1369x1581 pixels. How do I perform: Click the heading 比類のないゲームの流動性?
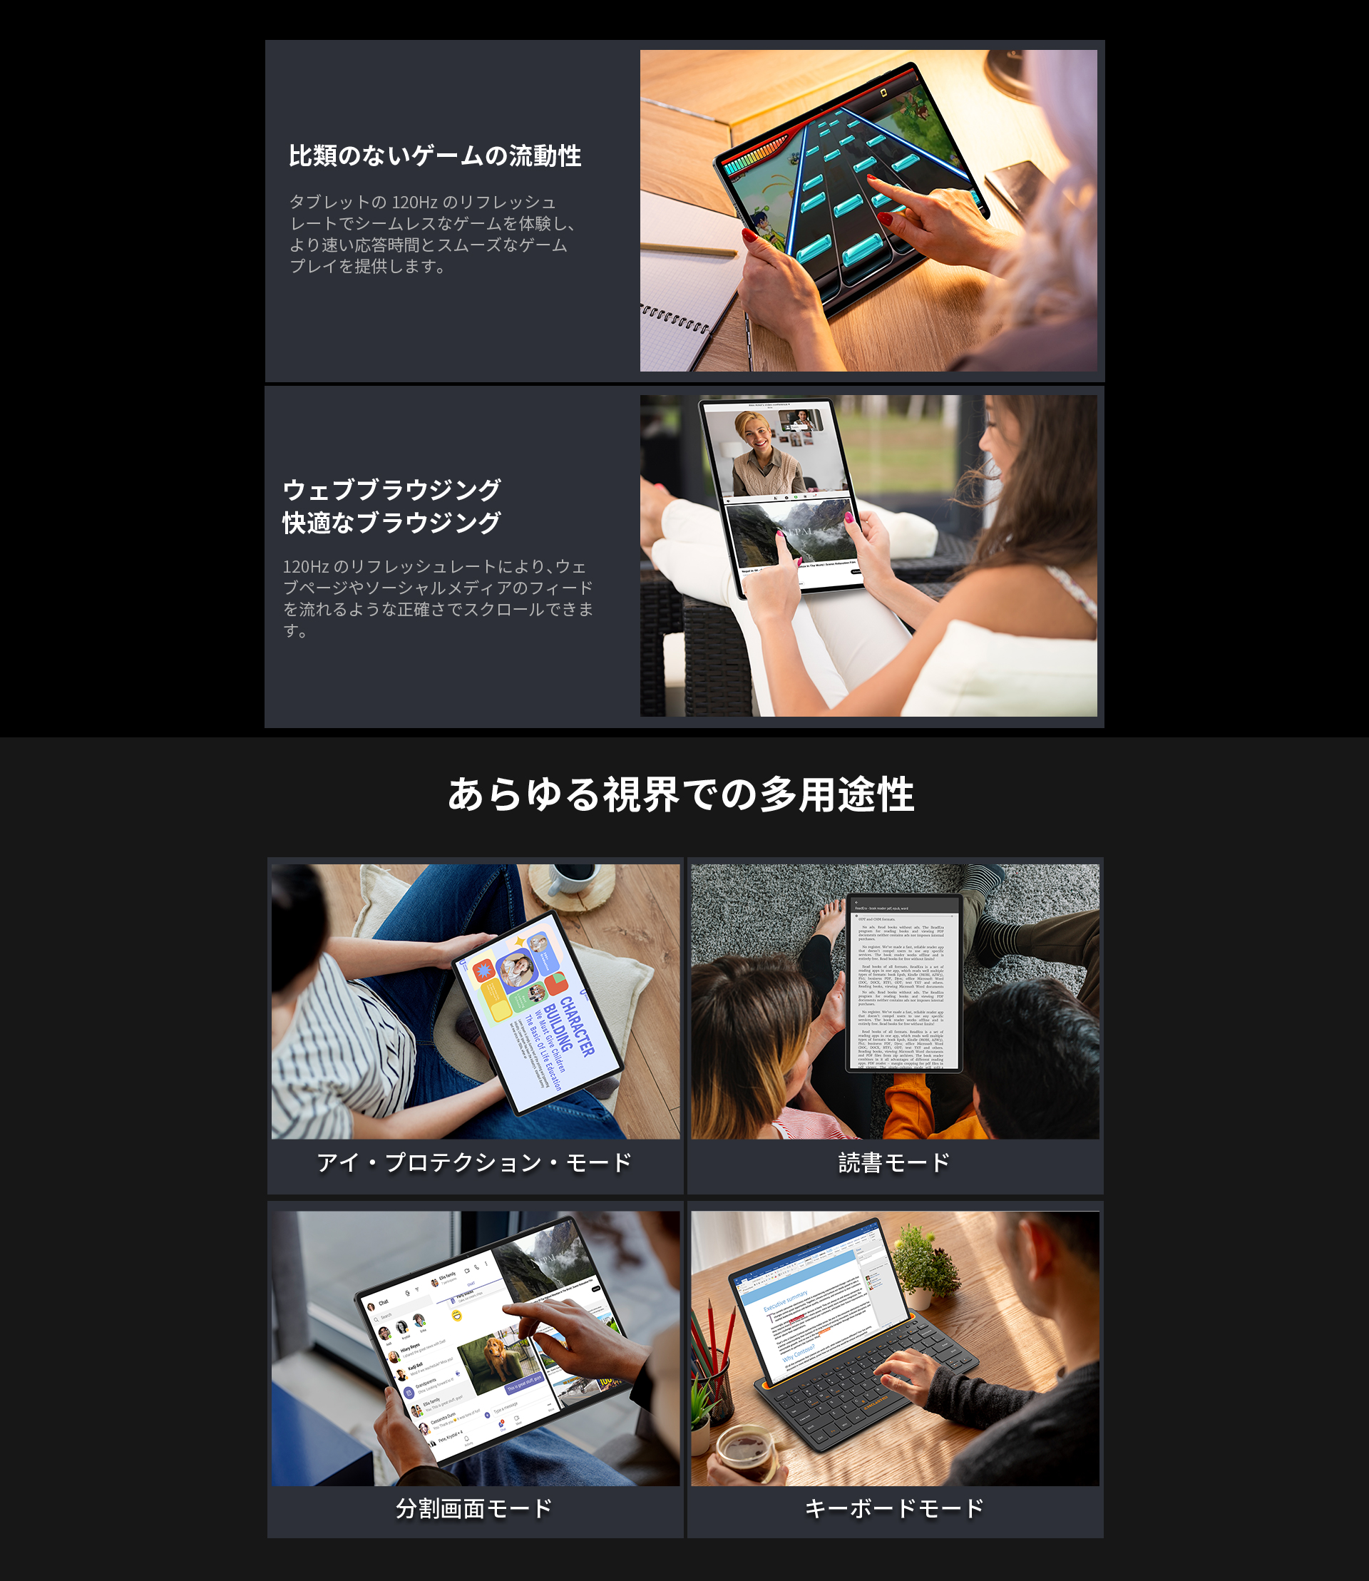[435, 156]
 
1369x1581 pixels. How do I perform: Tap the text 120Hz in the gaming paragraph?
[414, 203]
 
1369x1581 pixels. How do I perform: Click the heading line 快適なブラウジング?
[392, 523]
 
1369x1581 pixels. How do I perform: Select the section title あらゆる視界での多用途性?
[681, 794]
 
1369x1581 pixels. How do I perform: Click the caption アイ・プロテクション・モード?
[474, 1162]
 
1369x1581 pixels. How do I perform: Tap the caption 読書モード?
[894, 1162]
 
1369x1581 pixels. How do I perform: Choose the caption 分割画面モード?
[474, 1508]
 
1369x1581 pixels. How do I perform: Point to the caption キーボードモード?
[894, 1508]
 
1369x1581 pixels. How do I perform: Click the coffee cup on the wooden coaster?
[573, 879]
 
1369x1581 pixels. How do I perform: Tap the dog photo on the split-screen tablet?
[496, 1360]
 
